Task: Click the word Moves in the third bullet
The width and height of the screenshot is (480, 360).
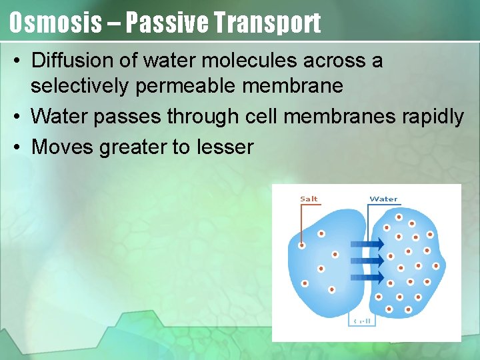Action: [x=63, y=146]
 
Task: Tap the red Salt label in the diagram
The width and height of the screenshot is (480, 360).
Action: [x=309, y=199]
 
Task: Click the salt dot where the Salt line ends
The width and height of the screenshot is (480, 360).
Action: [x=302, y=245]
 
